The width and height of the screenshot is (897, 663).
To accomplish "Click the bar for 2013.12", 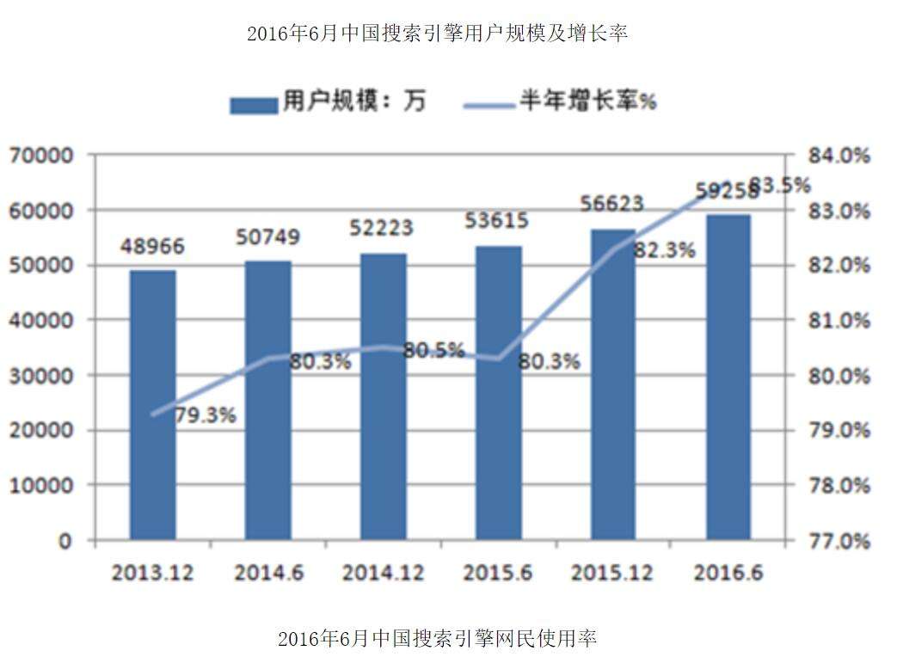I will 152,405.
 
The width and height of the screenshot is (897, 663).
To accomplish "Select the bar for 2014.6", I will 268,400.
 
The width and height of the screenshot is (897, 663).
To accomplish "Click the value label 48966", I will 152,248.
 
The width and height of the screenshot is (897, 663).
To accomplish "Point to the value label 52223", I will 382,228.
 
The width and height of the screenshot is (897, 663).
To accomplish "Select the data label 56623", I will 612,204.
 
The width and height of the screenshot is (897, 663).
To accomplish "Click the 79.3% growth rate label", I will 205,416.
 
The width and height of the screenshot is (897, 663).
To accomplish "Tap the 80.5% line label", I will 433,351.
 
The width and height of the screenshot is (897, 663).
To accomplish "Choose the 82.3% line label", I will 664,251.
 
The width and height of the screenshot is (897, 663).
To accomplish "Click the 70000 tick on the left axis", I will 42,156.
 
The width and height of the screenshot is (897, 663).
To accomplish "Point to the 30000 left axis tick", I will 42,376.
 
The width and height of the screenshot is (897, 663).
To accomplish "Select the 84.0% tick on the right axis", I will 839,156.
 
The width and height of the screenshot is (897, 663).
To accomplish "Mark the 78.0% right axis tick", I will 839,486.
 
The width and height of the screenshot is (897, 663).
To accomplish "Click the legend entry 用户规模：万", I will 328,102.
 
